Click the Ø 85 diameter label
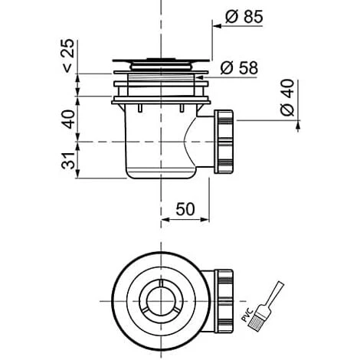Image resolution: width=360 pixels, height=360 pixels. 244,17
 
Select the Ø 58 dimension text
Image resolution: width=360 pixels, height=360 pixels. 239,68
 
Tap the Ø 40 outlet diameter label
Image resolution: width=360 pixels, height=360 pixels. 287,97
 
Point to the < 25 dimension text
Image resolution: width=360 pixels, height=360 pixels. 68,56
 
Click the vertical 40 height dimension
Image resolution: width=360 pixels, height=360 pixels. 69,119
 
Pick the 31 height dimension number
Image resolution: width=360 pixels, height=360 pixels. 69,161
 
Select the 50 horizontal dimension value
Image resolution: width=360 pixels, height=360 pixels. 185,209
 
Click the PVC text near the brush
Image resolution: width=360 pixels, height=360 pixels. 247,315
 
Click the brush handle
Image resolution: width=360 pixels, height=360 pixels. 275,293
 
